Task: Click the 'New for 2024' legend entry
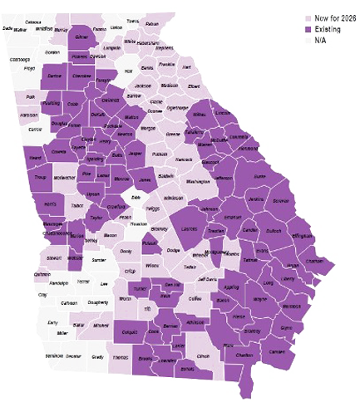[x=333, y=17]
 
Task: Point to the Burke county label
[x=259, y=176]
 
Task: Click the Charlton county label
[x=244, y=355]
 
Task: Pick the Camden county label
[x=277, y=351]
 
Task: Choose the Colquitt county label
[x=129, y=331]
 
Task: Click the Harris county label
[x=49, y=203]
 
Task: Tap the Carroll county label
[x=35, y=130]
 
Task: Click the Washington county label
[x=198, y=181]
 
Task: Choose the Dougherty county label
[x=98, y=303]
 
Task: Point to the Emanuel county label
[x=233, y=217]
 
